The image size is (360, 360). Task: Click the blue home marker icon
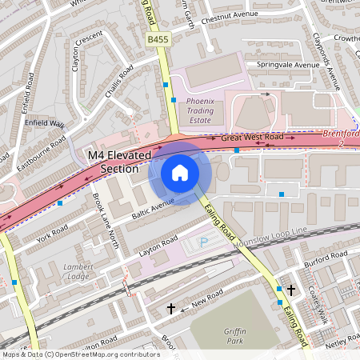point(180,173)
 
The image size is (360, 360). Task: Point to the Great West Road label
point(252,138)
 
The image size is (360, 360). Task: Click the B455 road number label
point(158,38)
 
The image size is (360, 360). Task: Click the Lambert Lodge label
point(78,270)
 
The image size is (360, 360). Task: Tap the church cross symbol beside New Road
point(170,307)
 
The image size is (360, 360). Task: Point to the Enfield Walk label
point(46,124)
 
